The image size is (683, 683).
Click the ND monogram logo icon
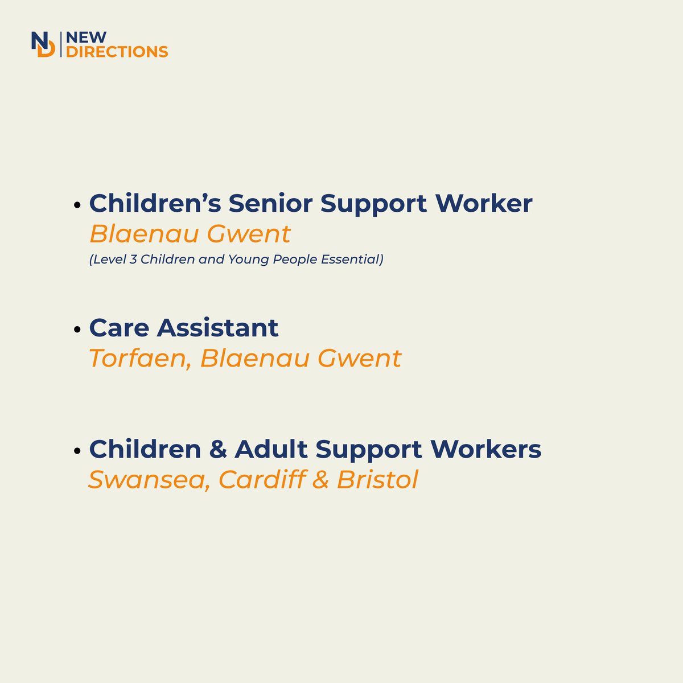click(x=44, y=44)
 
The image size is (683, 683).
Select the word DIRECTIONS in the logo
click(x=117, y=52)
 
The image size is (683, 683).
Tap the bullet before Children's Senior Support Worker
click(x=78, y=205)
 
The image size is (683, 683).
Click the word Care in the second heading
click(x=118, y=327)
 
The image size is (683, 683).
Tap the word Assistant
click(x=217, y=327)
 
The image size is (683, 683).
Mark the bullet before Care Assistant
click(x=78, y=329)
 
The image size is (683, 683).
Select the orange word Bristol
click(x=377, y=479)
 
